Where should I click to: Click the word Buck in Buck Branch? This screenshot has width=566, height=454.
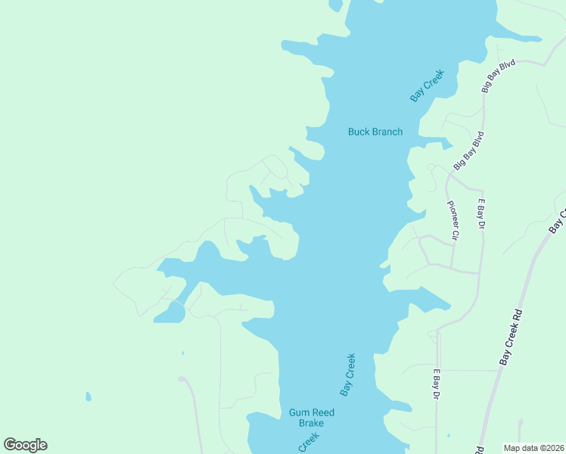pyautogui.click(x=359, y=132)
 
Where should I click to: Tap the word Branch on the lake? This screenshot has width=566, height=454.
pyautogui.click(x=387, y=132)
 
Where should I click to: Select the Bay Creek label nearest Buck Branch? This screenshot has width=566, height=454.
pyautogui.click(x=426, y=86)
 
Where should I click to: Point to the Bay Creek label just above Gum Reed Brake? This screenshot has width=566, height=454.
pyautogui.click(x=347, y=375)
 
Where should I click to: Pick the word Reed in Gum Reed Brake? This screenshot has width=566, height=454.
pyautogui.click(x=323, y=412)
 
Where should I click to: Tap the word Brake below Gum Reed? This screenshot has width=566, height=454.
pyautogui.click(x=311, y=423)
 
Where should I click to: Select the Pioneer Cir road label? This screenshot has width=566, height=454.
pyautogui.click(x=453, y=219)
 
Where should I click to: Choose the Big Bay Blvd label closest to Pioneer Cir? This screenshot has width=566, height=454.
pyautogui.click(x=468, y=151)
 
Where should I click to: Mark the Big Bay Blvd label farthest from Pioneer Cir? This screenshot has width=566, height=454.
pyautogui.click(x=498, y=76)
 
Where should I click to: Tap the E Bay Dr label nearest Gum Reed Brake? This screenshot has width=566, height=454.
pyautogui.click(x=436, y=385)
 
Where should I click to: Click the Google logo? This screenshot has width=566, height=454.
pyautogui.click(x=25, y=445)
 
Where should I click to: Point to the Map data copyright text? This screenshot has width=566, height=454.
pyautogui.click(x=533, y=447)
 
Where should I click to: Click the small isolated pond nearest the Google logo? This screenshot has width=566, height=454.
pyautogui.click(x=89, y=396)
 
